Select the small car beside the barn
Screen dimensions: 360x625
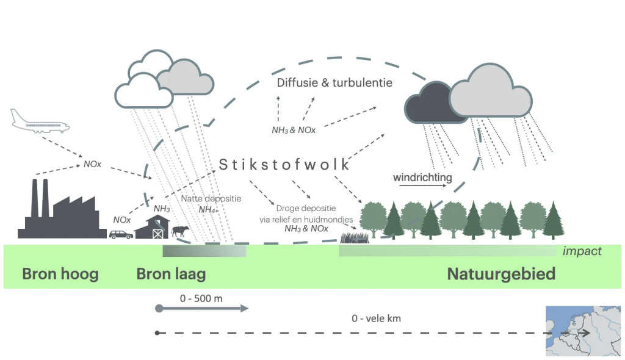coord(121,234)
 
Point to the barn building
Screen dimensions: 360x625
coord(152,228)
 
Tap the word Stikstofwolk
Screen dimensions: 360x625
coord(284,165)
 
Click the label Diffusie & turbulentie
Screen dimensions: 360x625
coord(334,82)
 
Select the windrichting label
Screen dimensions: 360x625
coord(422,178)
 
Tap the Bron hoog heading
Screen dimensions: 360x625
coord(60,274)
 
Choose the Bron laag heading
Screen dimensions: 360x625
coord(171,274)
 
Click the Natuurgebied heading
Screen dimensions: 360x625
coord(501,274)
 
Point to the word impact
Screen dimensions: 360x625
coord(582,251)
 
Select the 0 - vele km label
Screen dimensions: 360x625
coord(376,319)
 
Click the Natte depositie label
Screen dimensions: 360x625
coord(211,198)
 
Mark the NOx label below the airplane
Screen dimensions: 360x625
coord(92,165)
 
